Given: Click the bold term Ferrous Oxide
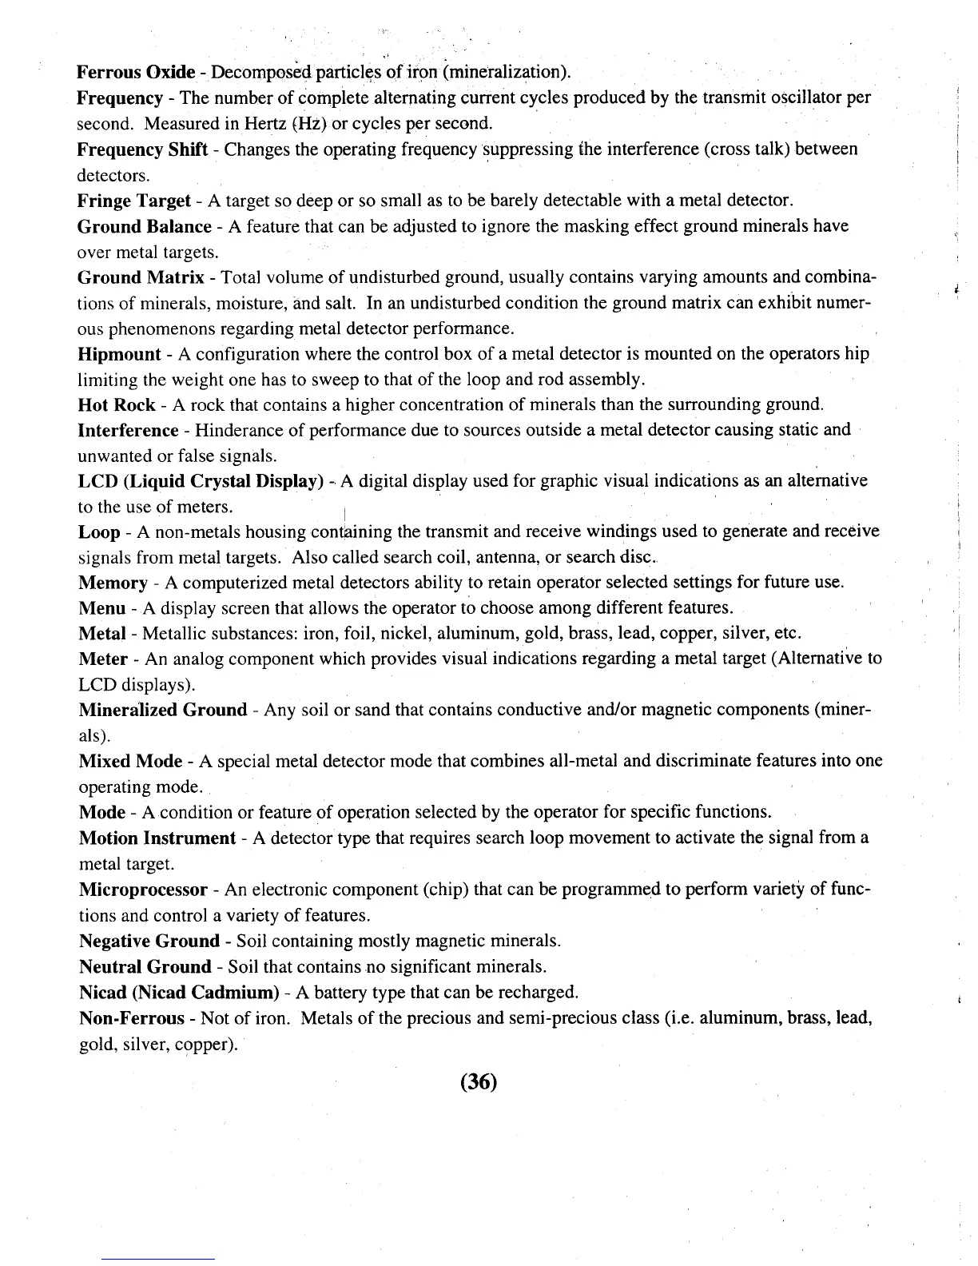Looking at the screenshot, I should click(x=136, y=73).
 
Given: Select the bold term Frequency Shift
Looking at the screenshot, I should click(x=142, y=149).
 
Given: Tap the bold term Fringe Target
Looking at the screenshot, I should click(x=133, y=201).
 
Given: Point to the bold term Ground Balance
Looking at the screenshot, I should click(x=144, y=226).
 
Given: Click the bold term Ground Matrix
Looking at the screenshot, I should click(x=141, y=277).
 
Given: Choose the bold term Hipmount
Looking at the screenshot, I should click(x=120, y=354).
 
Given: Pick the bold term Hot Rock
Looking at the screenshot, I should click(x=117, y=404).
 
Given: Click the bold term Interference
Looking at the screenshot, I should click(x=128, y=430).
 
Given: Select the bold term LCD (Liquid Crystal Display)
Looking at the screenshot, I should click(x=200, y=481).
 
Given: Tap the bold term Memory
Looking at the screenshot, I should click(x=113, y=583).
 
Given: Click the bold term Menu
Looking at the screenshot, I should click(x=102, y=608).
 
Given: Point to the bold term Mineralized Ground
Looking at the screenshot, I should click(x=163, y=710).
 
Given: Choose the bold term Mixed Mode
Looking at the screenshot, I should click(x=130, y=761).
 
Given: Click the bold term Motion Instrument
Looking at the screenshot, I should click(x=157, y=838).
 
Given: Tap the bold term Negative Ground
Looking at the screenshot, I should click(x=149, y=941).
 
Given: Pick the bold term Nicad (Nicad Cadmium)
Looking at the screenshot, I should click(x=178, y=992).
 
